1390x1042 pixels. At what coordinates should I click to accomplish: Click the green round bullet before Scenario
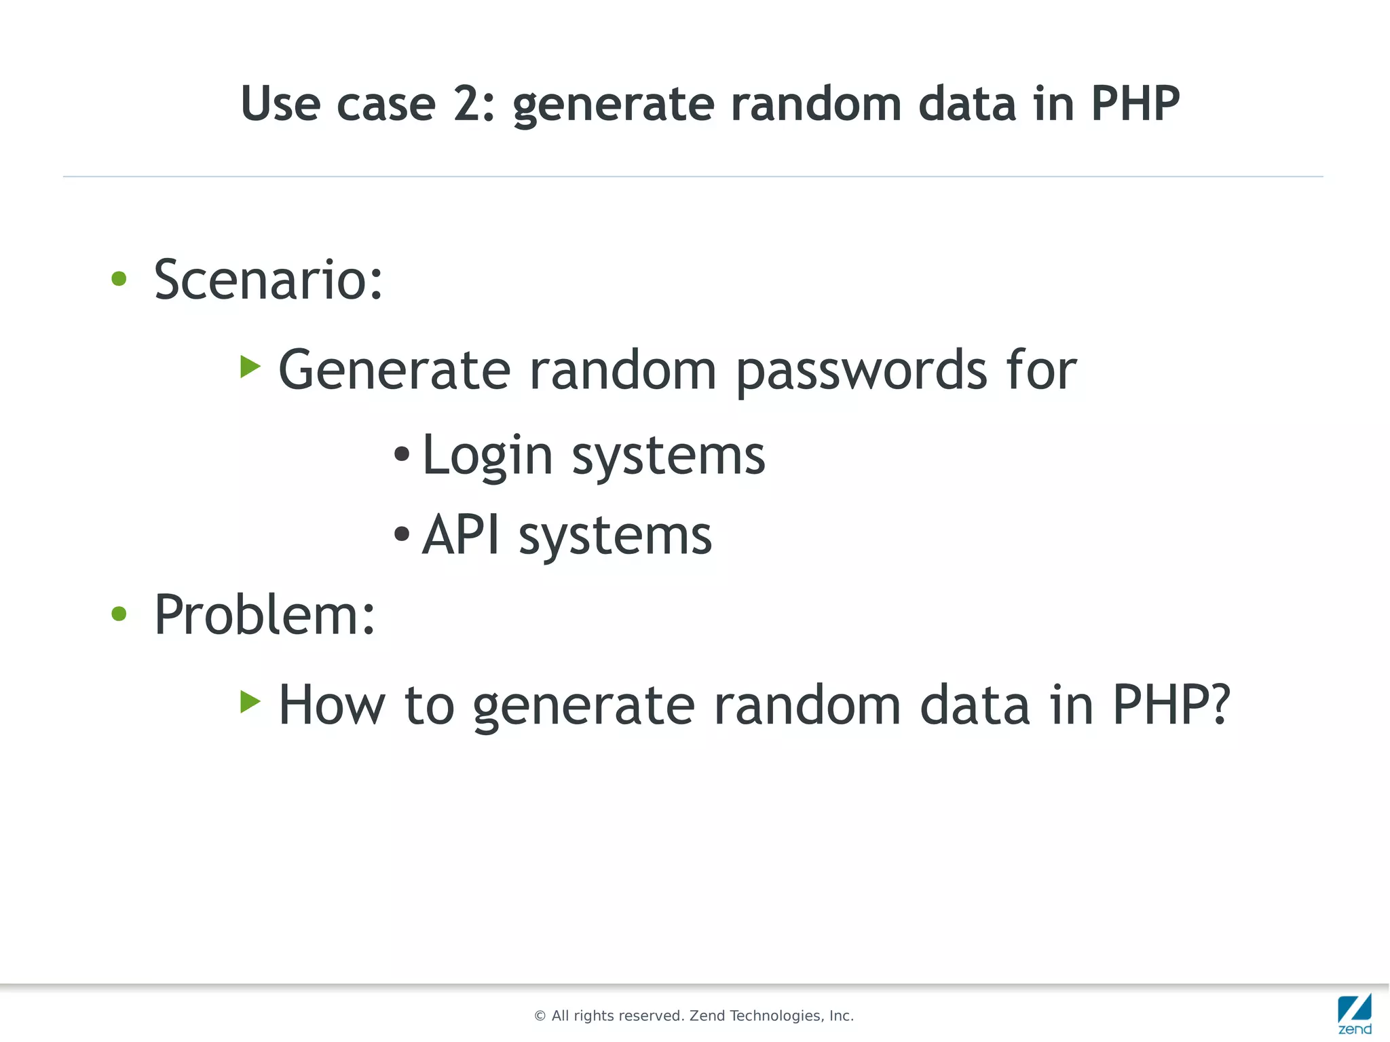pyautogui.click(x=119, y=279)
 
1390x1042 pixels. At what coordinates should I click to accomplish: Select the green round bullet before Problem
pyautogui.click(x=119, y=614)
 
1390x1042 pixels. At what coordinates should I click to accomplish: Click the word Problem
pyautogui.click(x=263, y=614)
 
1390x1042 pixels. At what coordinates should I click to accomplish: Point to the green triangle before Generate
pyautogui.click(x=250, y=367)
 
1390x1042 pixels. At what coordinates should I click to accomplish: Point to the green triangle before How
pyautogui.click(x=250, y=702)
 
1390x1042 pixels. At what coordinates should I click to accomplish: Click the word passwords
pyautogui.click(x=861, y=371)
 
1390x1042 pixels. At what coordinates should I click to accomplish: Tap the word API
pyautogui.click(x=461, y=535)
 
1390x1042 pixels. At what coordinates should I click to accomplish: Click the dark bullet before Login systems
pyautogui.click(x=402, y=454)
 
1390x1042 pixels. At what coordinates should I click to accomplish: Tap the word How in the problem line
pyautogui.click(x=332, y=705)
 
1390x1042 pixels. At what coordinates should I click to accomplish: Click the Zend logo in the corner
pyautogui.click(x=1354, y=1014)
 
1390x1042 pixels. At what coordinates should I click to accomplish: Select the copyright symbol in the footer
pyautogui.click(x=540, y=1016)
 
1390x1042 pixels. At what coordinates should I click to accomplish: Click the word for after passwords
pyautogui.click(x=1041, y=370)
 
